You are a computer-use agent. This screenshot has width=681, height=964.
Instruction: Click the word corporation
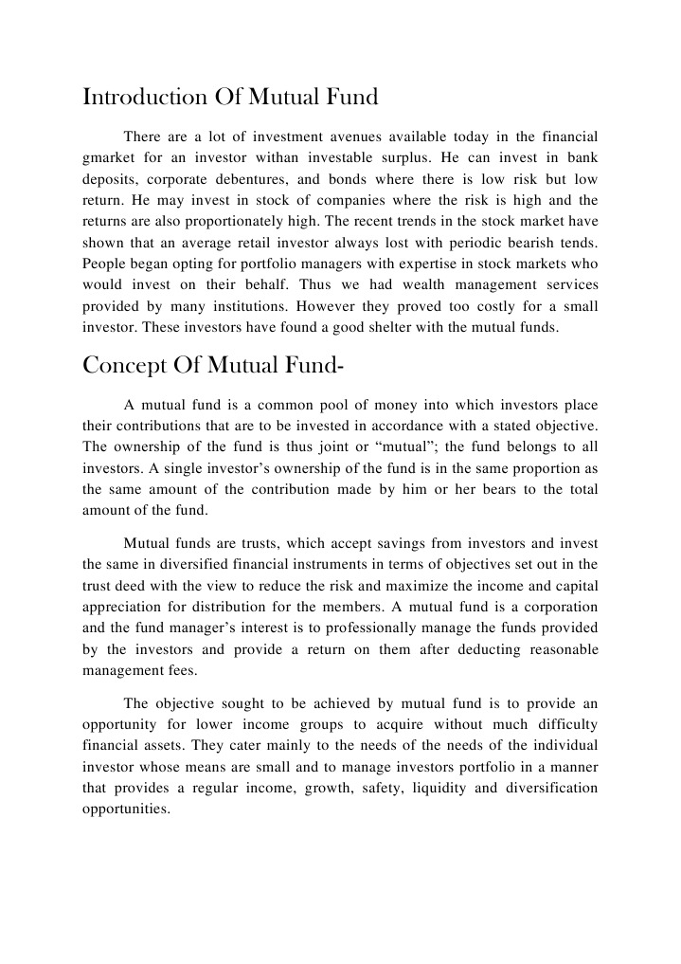558,606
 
